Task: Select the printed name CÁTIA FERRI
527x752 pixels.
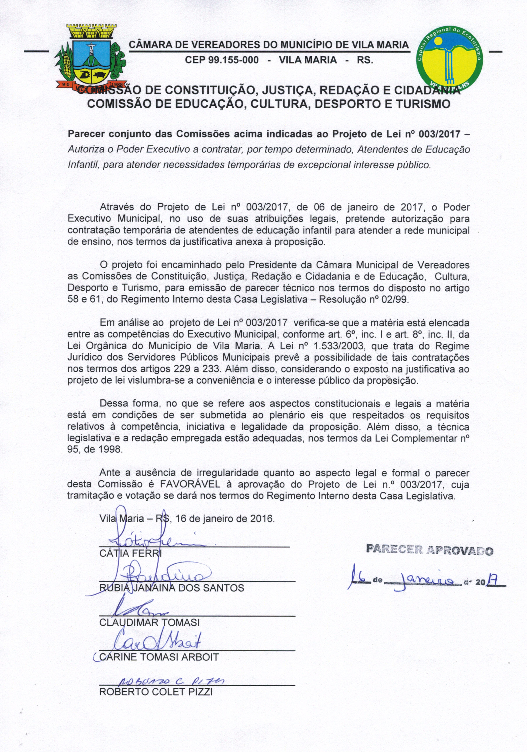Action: tap(130, 554)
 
